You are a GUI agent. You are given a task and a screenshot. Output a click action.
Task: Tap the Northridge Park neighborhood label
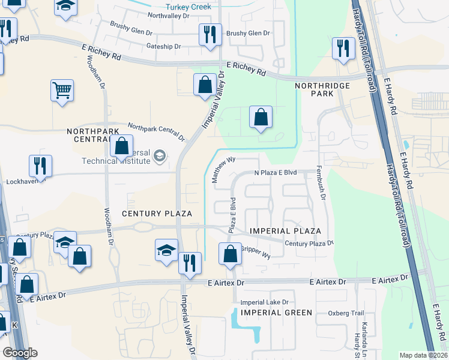coord(322,91)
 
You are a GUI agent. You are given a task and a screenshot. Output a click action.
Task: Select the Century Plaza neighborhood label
coord(157,214)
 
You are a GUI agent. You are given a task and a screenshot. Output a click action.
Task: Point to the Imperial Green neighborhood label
coord(276,313)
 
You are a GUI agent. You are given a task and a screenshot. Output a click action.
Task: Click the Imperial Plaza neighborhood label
coord(285,231)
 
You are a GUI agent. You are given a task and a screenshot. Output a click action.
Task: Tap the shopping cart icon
coord(62,91)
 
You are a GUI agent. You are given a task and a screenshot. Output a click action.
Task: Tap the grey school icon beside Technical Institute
coord(159,157)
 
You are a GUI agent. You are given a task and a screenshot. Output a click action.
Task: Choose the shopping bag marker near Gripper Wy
coord(230,254)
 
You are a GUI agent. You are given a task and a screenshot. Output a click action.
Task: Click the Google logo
coord(20,352)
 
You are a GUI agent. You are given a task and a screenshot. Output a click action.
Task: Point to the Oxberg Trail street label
coord(346,313)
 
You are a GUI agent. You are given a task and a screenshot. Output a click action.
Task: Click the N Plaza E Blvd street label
coord(276,173)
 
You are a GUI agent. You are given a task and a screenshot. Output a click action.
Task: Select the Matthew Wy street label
coord(223,170)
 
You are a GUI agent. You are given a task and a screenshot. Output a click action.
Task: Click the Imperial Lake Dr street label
coord(265,302)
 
